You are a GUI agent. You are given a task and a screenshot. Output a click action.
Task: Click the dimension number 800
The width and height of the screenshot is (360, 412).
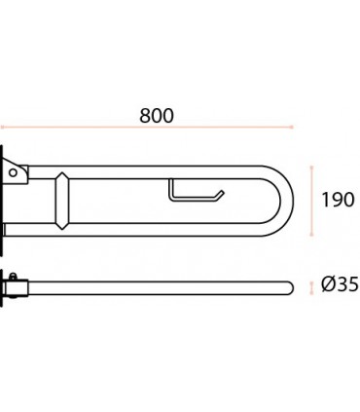click(157, 116)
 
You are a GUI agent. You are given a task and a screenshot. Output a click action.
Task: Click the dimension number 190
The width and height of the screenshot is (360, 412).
click(338, 200)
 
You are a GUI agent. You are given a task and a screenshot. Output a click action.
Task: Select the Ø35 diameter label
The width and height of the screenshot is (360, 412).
click(340, 284)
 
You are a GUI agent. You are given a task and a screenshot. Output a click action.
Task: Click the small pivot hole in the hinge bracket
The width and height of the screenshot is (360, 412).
click(13, 172)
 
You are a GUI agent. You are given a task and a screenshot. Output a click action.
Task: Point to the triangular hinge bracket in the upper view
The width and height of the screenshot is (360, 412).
click(17, 172)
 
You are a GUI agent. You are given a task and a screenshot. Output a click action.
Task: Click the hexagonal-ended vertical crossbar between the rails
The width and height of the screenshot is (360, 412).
click(62, 201)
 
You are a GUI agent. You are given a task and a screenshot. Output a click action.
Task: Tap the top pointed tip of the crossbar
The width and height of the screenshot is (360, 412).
click(62, 172)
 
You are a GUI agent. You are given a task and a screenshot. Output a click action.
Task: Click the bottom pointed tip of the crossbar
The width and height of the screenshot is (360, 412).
click(62, 230)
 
